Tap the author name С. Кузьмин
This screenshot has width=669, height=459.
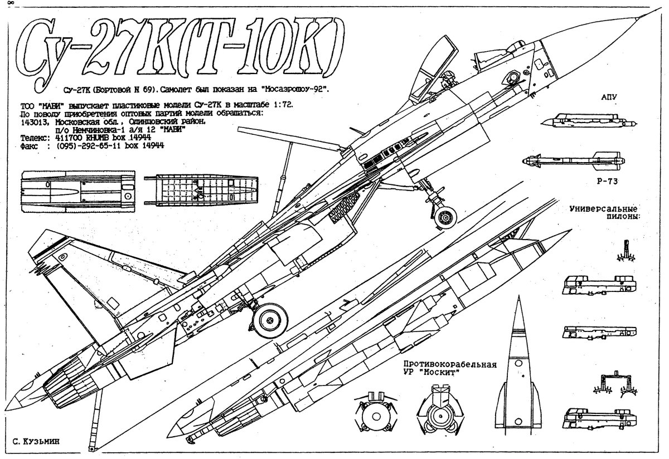35,441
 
